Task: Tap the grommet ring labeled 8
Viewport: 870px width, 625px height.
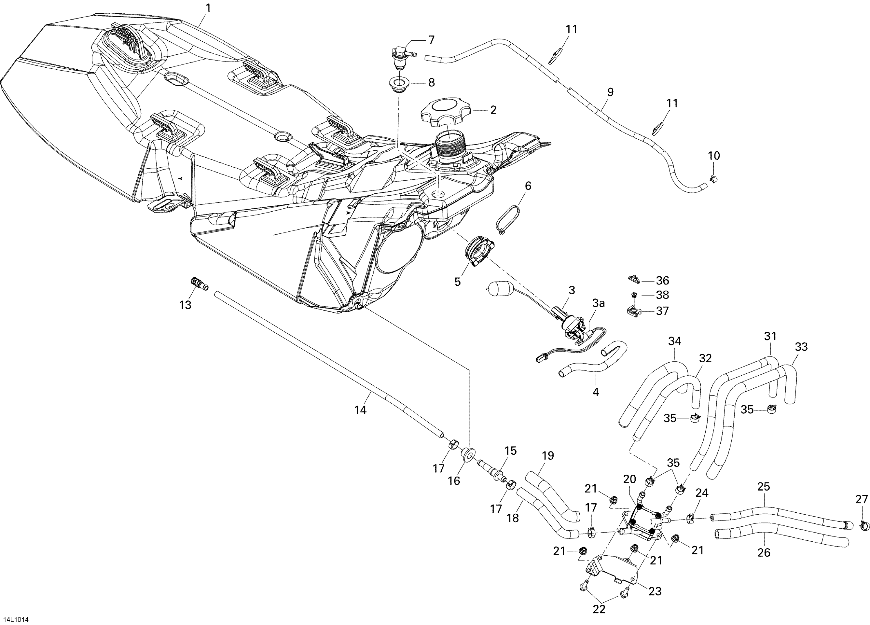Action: pyautogui.click(x=399, y=83)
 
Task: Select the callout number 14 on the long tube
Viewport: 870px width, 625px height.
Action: pyautogui.click(x=360, y=410)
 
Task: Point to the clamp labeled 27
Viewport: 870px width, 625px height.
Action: pyautogui.click(x=864, y=525)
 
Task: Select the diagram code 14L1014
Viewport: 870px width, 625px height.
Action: pyautogui.click(x=17, y=619)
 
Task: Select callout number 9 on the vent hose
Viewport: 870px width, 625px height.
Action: pyautogui.click(x=610, y=92)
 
